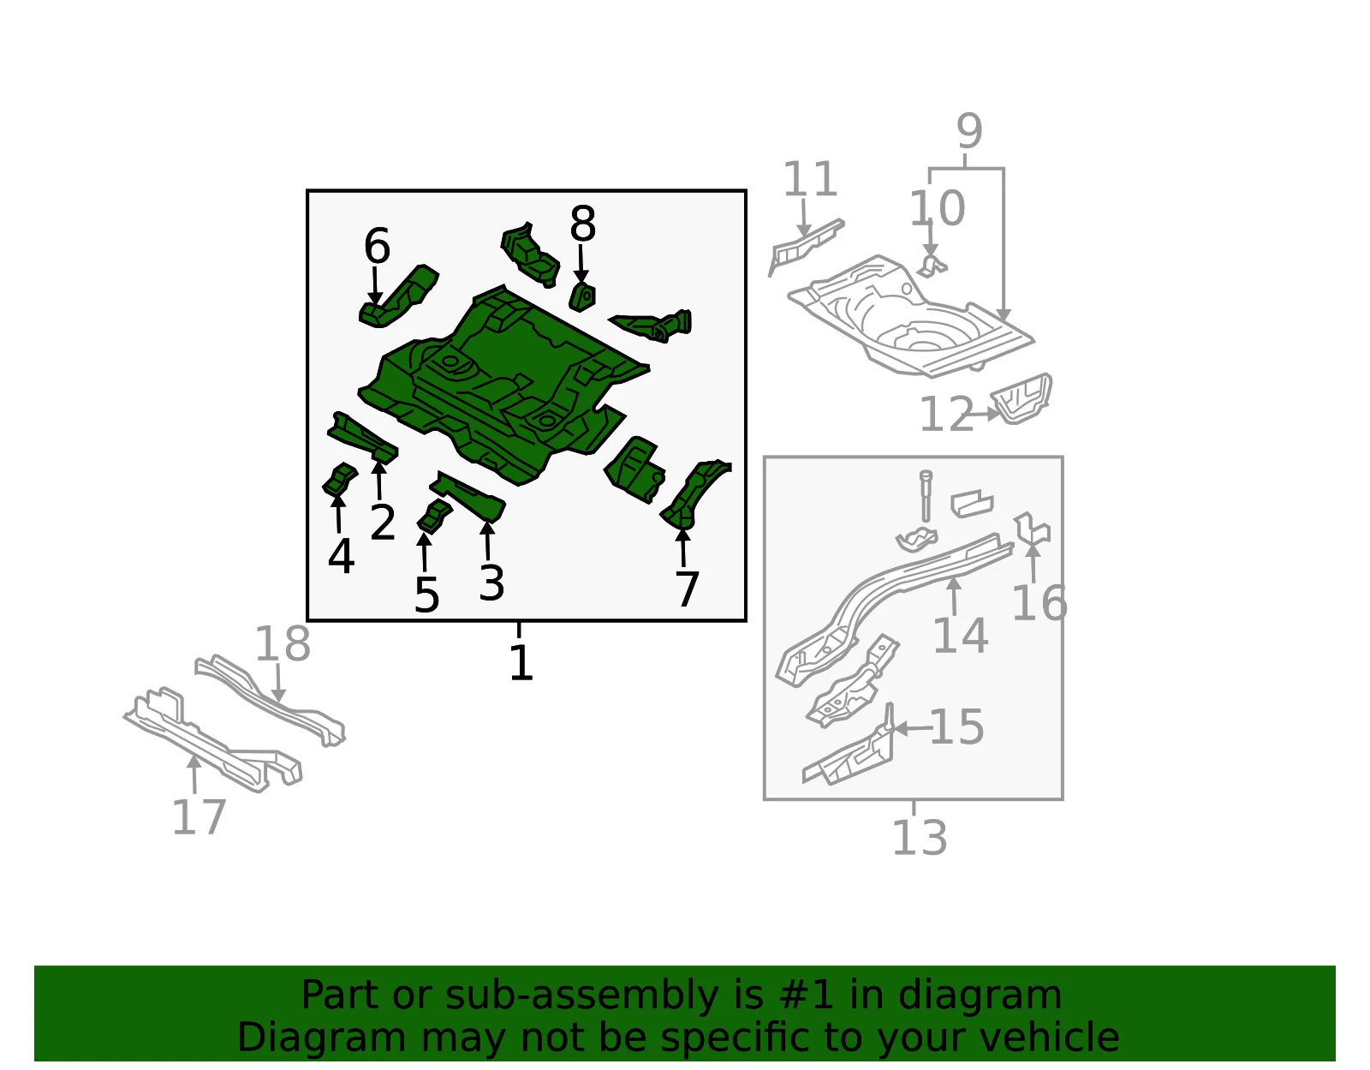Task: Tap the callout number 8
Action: click(582, 224)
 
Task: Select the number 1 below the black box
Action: click(521, 662)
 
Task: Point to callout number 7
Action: click(687, 589)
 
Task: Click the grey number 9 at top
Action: click(969, 131)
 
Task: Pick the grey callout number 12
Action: click(947, 415)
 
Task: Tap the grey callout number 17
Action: click(199, 817)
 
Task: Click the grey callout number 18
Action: click(283, 643)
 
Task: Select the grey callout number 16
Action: click(1039, 603)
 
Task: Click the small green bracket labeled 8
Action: click(582, 297)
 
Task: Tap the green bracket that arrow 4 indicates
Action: click(340, 480)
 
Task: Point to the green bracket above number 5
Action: click(434, 517)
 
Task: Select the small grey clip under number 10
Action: click(932, 266)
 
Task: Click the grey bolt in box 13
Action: click(926, 496)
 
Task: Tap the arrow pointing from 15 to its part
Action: click(913, 728)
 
